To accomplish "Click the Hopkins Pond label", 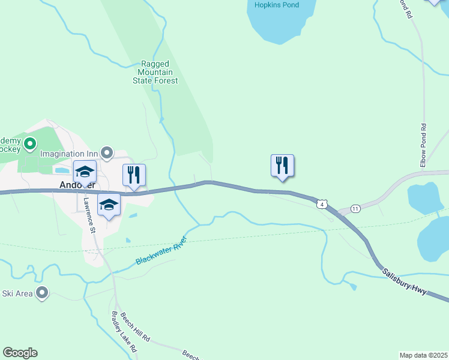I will pos(277,5).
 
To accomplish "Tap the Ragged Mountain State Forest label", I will pos(155,72).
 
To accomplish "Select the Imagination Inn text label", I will pos(68,154).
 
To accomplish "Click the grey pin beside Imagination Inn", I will pos(107,153).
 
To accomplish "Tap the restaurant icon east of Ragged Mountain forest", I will pos(282,165).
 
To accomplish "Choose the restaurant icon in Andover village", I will pos(134,175).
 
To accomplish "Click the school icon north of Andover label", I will pos(85,171).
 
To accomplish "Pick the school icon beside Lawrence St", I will pos(109,205).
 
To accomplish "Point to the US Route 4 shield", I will pos(323,205).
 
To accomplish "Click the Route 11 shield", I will pos(355,208).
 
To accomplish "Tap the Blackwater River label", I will pos(161,251).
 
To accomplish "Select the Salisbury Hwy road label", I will pos(405,280).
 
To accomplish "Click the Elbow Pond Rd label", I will pos(423,146).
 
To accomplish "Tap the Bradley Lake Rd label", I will pos(124,332).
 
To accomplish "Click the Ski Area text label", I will pos(16,293).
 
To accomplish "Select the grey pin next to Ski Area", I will pos(42,293).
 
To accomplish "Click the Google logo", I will pos(20,352).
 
